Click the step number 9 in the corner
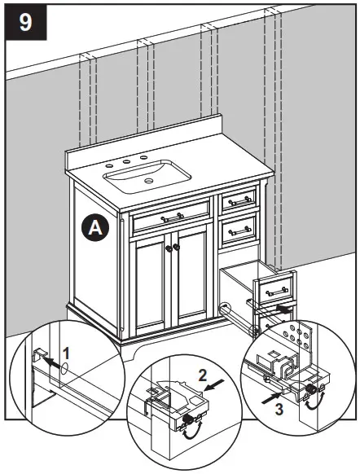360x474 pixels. click(26, 22)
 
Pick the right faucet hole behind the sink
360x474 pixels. click(144, 157)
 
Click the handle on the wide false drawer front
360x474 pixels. click(172, 218)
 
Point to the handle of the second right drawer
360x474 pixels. click(239, 231)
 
